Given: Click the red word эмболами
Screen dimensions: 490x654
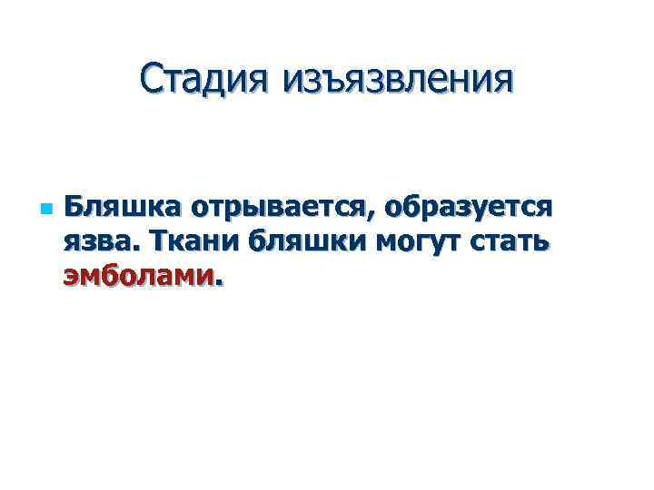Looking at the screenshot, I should [136, 275].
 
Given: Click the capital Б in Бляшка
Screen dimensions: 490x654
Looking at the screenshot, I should [74, 208].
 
